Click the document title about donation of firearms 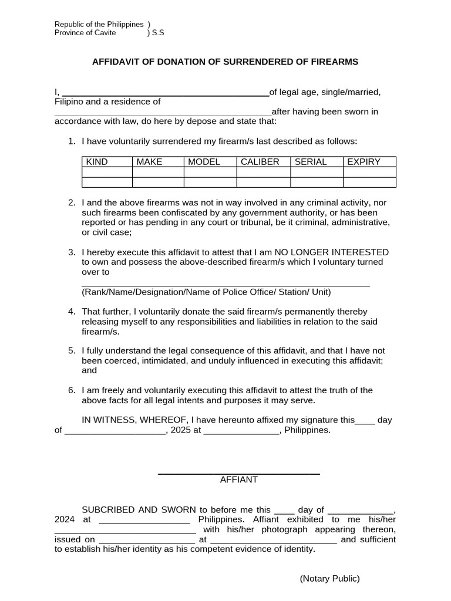(x=225, y=62)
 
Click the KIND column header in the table (x=97, y=162)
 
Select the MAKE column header (x=149, y=162)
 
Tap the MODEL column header (x=204, y=162)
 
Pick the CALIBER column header (x=260, y=162)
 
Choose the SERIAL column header (x=310, y=162)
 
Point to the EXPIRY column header (x=364, y=162)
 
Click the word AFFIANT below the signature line (x=238, y=480)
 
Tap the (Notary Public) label (x=329, y=579)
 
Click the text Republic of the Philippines (x=99, y=24)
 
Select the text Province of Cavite (x=85, y=33)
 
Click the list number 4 (x=71, y=312)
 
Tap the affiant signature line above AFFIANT (x=238, y=472)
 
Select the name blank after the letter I (x=165, y=93)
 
